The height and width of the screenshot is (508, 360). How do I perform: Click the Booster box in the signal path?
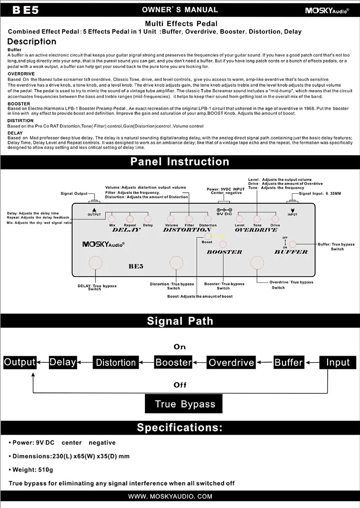[x=174, y=362]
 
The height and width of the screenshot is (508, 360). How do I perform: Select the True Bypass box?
[x=185, y=404]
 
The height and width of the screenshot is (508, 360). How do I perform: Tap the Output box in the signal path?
[x=20, y=362]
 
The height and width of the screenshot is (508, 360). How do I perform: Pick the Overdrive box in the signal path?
[x=231, y=362]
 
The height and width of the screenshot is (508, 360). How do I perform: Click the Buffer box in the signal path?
[x=288, y=362]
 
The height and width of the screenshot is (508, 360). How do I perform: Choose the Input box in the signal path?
[x=337, y=362]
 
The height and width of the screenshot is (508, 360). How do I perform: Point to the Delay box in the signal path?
[x=63, y=362]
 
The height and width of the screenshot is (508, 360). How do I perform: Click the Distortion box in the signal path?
[x=116, y=362]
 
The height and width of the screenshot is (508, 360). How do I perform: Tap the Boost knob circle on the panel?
[x=207, y=236]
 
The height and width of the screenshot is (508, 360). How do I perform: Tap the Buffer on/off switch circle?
[x=293, y=244]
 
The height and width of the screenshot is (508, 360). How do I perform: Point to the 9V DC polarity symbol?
[x=224, y=209]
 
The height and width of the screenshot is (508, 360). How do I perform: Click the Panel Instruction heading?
[x=180, y=161]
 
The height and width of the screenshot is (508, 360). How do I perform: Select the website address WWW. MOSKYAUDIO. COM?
[x=170, y=496]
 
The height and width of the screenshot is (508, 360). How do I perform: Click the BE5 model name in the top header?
[x=26, y=10]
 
